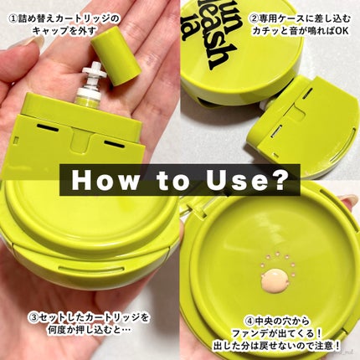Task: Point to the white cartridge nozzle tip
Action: coord(94,72)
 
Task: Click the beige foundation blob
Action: coord(275,279)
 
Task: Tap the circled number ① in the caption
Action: coord(13,19)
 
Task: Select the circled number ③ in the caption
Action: coord(33,318)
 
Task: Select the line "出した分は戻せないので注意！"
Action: coord(277,346)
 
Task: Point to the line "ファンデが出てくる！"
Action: coord(277,333)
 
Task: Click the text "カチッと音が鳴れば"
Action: coord(292,31)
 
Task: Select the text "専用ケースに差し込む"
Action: coord(304,18)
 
